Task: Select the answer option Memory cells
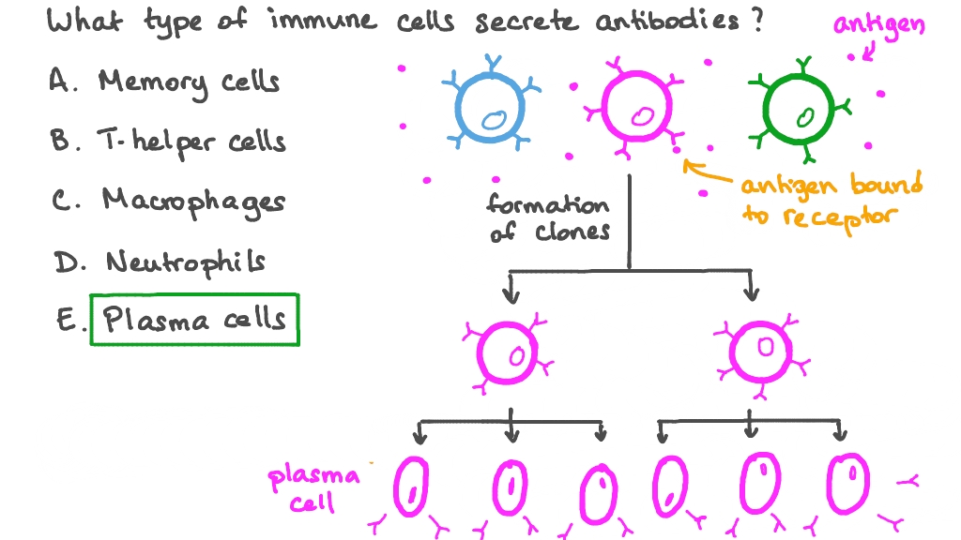pos(189,82)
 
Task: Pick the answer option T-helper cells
pos(191,142)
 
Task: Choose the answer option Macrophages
pos(193,201)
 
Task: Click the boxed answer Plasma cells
pos(194,320)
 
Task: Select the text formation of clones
pos(548,217)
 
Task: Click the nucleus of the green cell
pos(804,118)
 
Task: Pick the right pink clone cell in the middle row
pos(763,352)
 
